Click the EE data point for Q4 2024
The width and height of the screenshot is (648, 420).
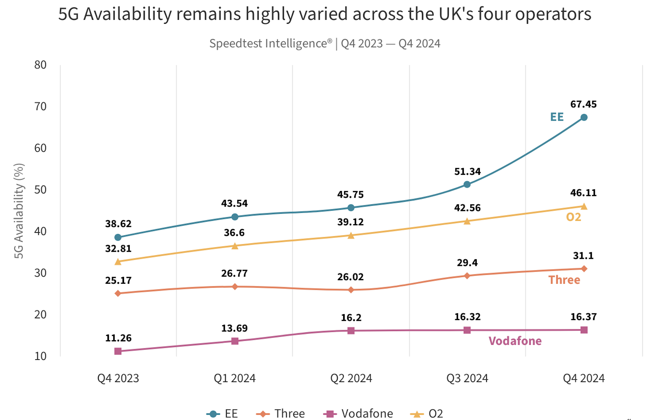pyautogui.click(x=584, y=117)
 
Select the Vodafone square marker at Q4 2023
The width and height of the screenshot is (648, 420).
pyautogui.click(x=118, y=351)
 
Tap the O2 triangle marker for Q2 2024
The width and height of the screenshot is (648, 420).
pyautogui.click(x=351, y=236)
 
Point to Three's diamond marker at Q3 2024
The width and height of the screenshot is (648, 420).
pyautogui.click(x=467, y=276)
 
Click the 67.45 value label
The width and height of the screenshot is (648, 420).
pyautogui.click(x=584, y=104)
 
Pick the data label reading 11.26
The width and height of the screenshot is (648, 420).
pyautogui.click(x=118, y=338)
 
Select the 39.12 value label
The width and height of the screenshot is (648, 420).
pyautogui.click(x=351, y=222)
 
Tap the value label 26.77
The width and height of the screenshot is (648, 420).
pyautogui.click(x=234, y=273)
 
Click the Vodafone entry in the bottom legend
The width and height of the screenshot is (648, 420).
pyautogui.click(x=358, y=414)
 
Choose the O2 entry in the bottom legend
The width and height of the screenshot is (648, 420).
pyautogui.click(x=426, y=414)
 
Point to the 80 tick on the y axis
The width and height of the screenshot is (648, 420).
pyautogui.click(x=40, y=65)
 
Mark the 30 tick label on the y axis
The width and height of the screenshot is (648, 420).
pyautogui.click(x=40, y=273)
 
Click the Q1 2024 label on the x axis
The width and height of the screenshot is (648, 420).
pyautogui.click(x=235, y=378)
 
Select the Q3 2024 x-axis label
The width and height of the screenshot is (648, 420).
pyautogui.click(x=467, y=378)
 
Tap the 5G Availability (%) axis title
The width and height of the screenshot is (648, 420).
pyautogui.click(x=19, y=211)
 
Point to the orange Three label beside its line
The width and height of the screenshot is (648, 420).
pyautogui.click(x=564, y=280)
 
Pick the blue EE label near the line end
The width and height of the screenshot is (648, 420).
pyautogui.click(x=557, y=117)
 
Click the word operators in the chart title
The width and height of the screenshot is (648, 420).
pyautogui.click(x=553, y=14)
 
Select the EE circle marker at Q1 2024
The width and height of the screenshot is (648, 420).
pyautogui.click(x=235, y=217)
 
